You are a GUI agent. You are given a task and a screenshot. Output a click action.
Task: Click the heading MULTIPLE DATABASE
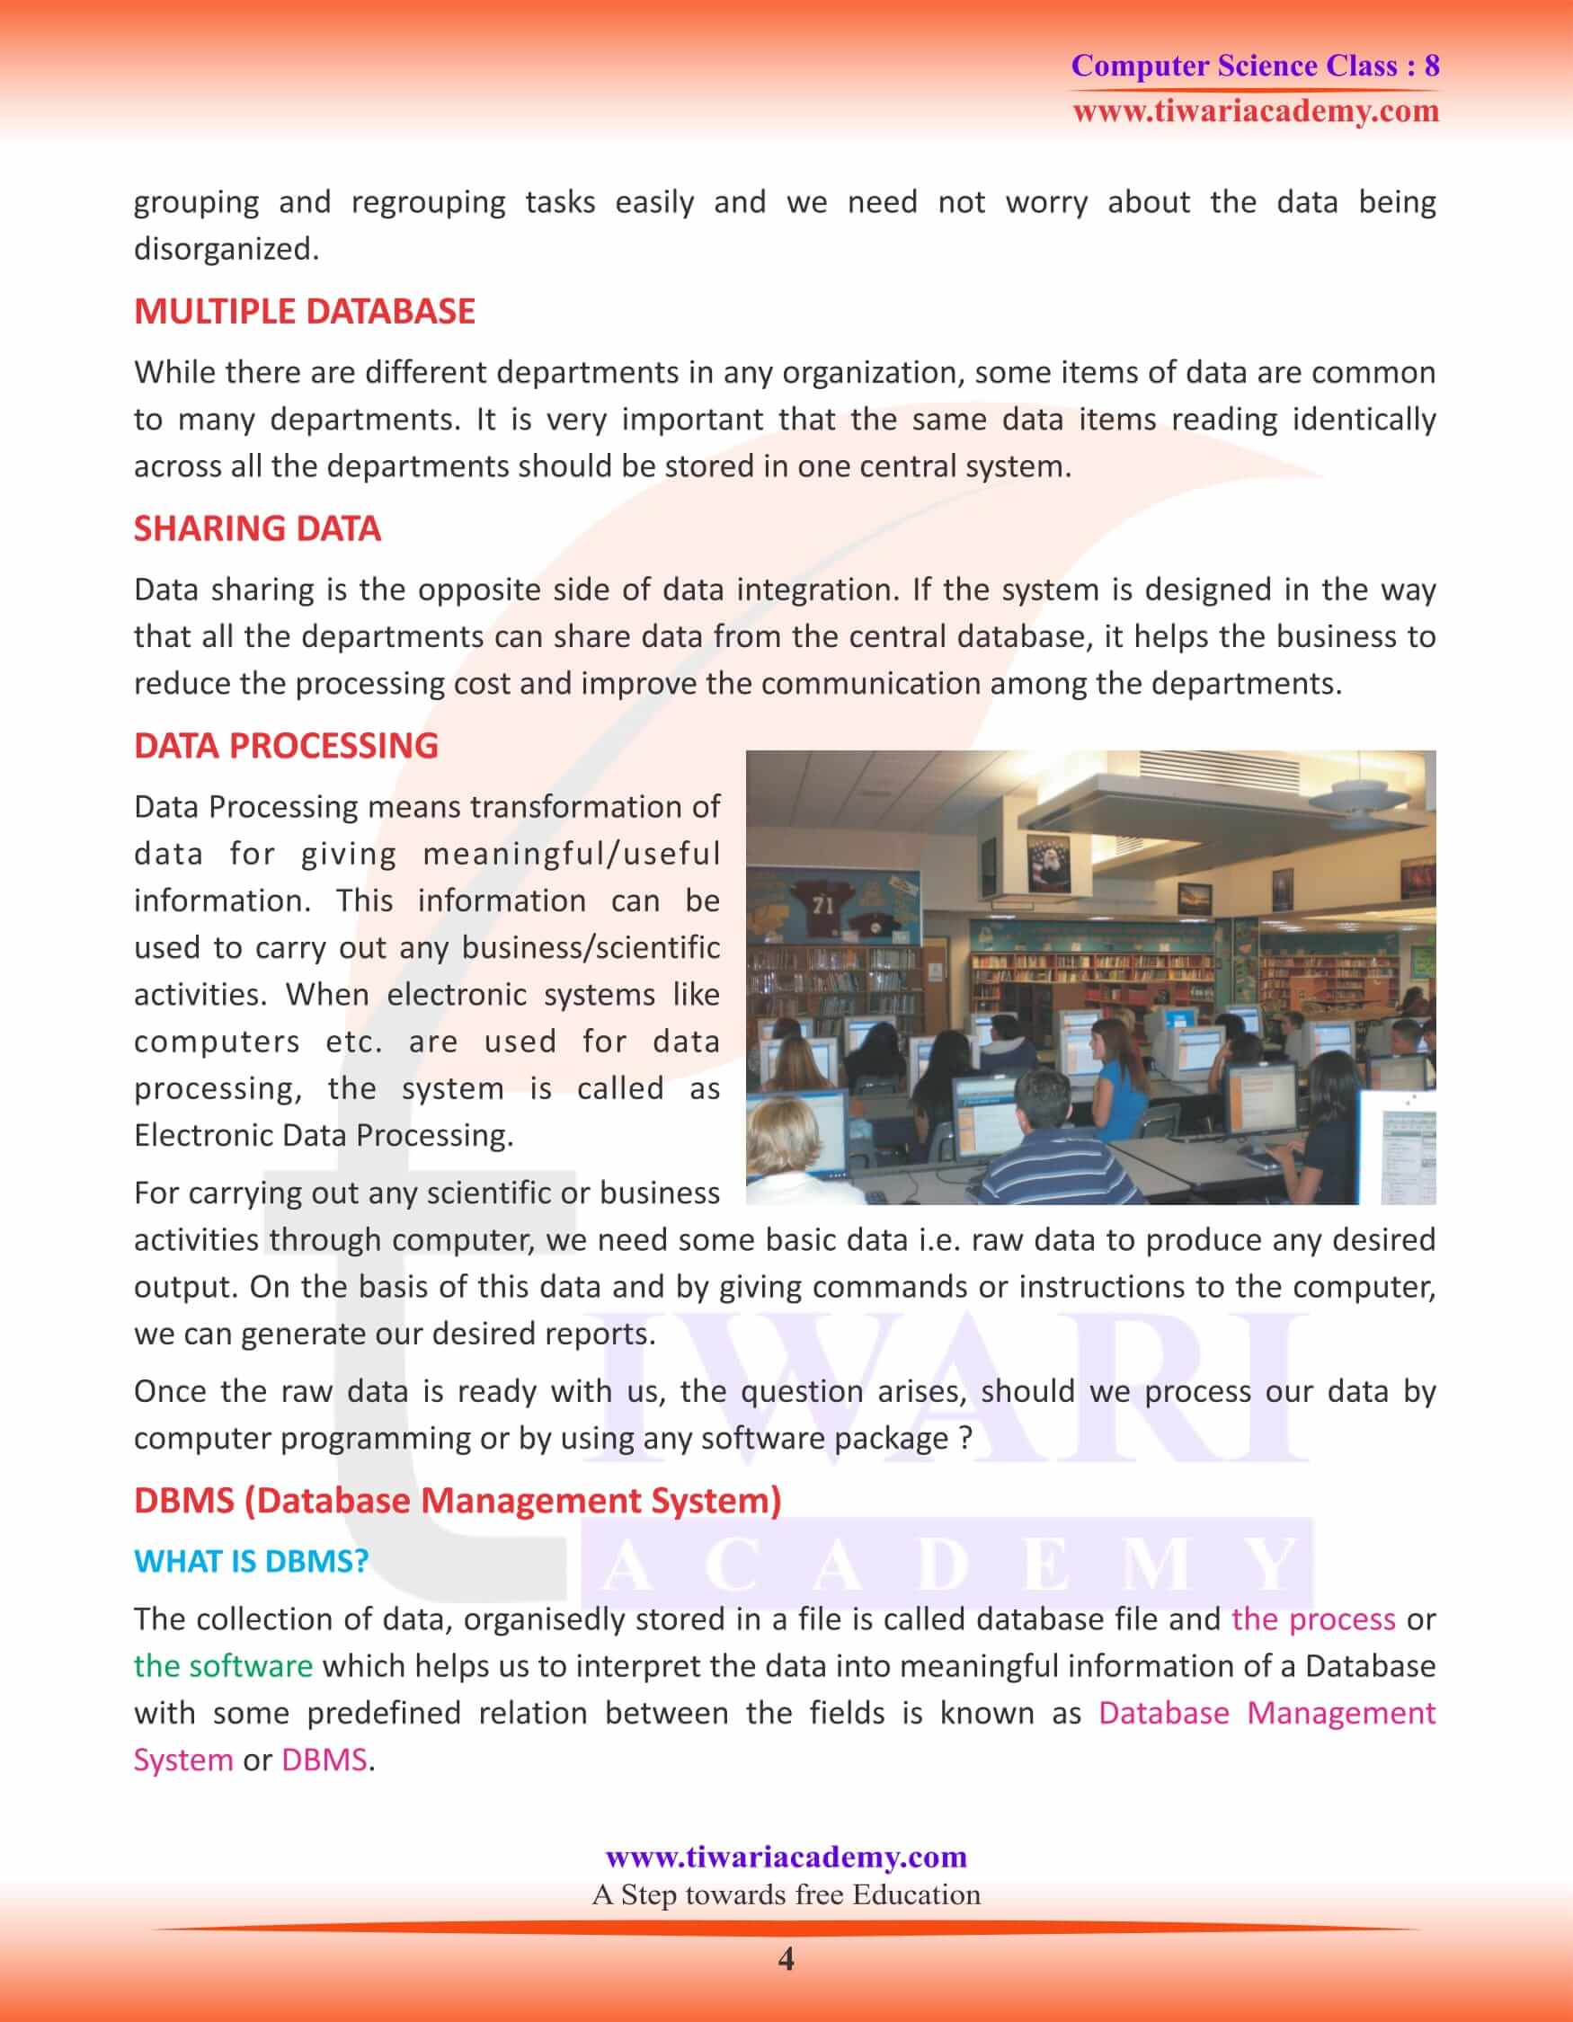click(x=305, y=312)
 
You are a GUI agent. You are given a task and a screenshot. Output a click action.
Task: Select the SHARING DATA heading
click(x=257, y=528)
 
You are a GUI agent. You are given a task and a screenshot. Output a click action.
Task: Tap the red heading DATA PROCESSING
click(x=286, y=745)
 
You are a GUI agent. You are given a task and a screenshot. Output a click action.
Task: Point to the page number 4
click(x=786, y=1959)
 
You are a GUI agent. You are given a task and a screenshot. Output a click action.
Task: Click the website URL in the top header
click(x=1256, y=112)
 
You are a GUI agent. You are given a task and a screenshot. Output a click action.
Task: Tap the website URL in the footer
click(x=786, y=1857)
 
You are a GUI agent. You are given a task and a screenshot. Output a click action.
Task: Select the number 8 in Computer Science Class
click(x=1431, y=66)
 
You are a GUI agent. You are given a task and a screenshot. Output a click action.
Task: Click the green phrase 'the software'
click(x=223, y=1665)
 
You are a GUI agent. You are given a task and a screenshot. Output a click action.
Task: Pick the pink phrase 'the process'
click(x=1313, y=1618)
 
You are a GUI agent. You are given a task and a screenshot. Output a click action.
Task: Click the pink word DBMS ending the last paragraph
click(x=324, y=1759)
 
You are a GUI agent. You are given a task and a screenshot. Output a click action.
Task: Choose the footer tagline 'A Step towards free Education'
click(x=786, y=1894)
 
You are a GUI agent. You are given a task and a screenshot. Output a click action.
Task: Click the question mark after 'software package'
click(x=964, y=1438)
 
